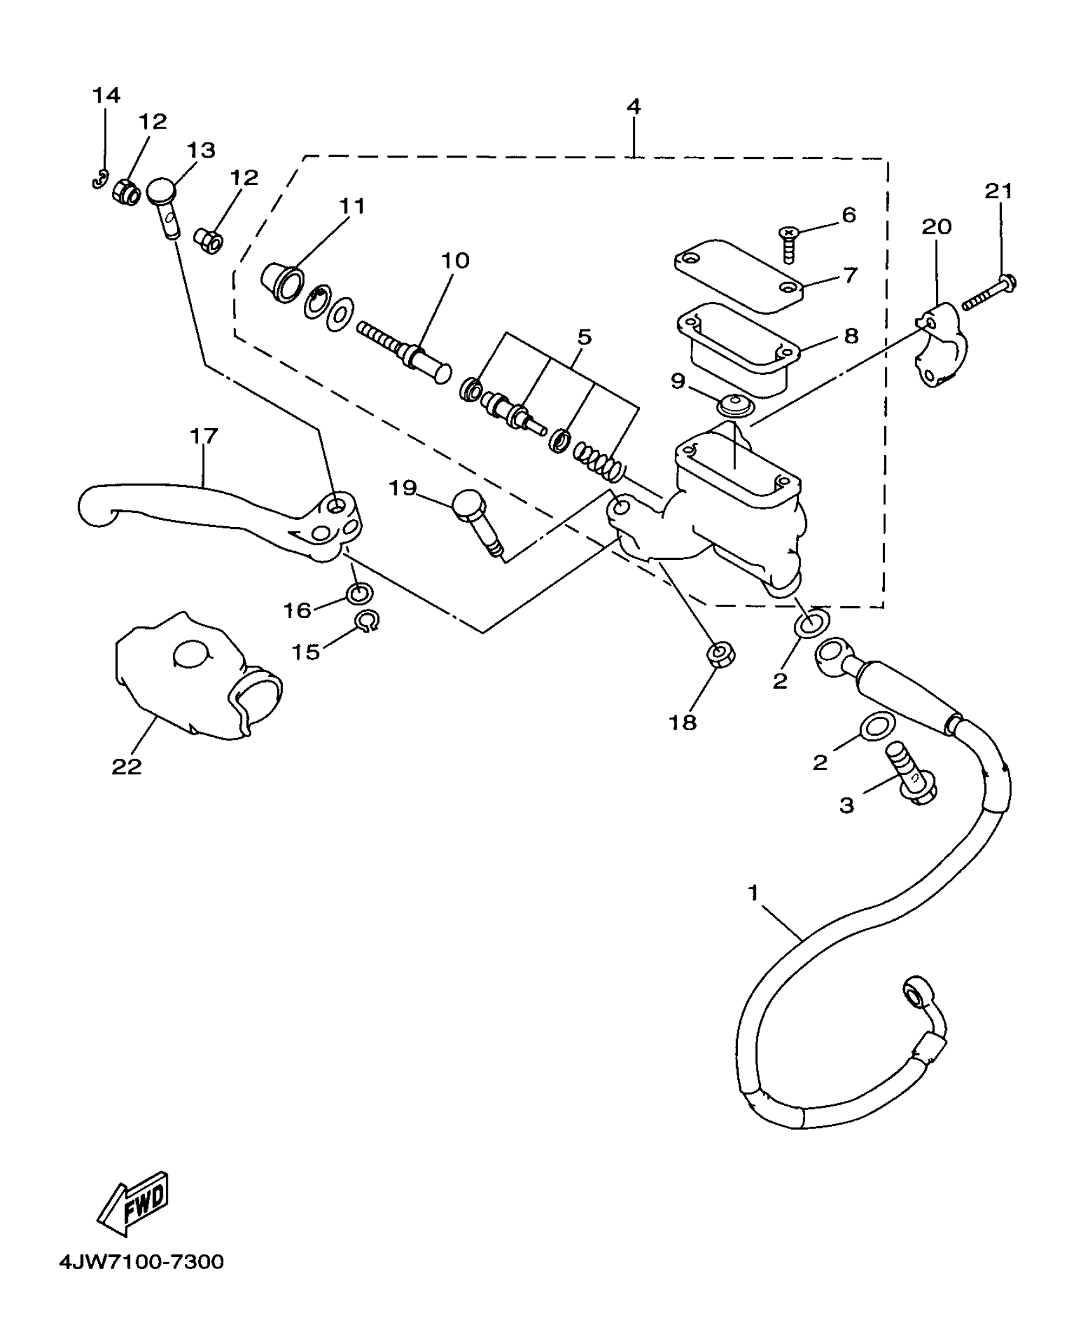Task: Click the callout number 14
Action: pyautogui.click(x=106, y=95)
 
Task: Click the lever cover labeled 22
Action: pyautogui.click(x=190, y=678)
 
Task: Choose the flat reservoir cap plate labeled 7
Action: pyautogui.click(x=738, y=275)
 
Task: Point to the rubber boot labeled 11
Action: pyautogui.click(x=282, y=282)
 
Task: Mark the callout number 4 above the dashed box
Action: pyautogui.click(x=634, y=106)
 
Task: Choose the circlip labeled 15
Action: pyautogui.click(x=366, y=621)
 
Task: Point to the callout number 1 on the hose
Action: pyautogui.click(x=753, y=894)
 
